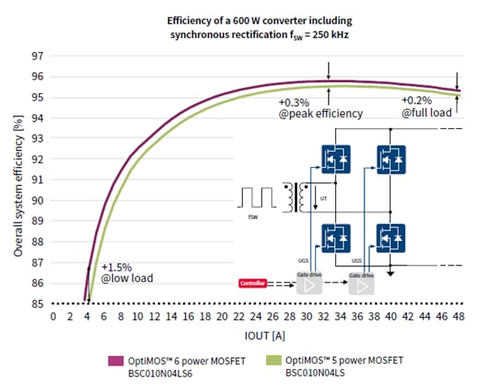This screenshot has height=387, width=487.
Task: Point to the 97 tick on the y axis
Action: pos(38,56)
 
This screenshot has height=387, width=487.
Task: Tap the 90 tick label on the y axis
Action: pos(38,200)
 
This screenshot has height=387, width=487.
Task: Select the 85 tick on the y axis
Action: pos(38,303)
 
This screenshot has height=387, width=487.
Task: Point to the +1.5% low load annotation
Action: pos(127,273)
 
